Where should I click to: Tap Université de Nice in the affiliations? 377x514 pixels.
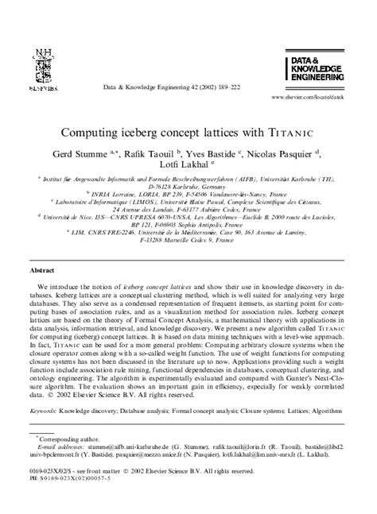coord(67,215)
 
